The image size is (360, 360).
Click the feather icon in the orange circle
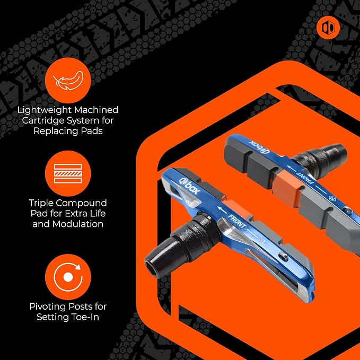(68, 81)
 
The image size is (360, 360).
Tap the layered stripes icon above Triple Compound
(68, 173)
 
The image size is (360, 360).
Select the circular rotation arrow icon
(68, 277)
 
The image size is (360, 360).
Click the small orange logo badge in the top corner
(328, 28)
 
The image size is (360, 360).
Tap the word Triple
(41, 203)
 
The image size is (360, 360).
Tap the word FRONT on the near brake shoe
(237, 221)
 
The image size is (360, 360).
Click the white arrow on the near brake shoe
(222, 210)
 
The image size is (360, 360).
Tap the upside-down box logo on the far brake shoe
(259, 147)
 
